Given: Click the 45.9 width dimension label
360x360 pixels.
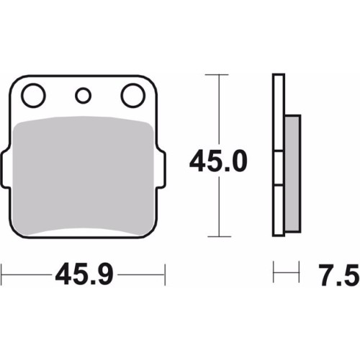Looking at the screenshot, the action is tap(84, 275).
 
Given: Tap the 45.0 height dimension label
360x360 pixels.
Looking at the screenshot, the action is tap(218, 161).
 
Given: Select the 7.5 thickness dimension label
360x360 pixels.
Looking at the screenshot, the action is tap(338, 275).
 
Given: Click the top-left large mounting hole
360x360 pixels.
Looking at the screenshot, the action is tap(33, 95).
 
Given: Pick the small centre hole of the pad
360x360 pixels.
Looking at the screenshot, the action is tap(83, 96).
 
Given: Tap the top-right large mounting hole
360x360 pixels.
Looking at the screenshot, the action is tap(133, 95).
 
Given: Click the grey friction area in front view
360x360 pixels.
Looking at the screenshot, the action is tap(83, 175).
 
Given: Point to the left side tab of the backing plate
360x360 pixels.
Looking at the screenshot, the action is tap(5, 168).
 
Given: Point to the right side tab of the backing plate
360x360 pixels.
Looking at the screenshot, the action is tap(161, 168).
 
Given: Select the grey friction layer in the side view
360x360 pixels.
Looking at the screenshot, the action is tap(292, 174).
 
